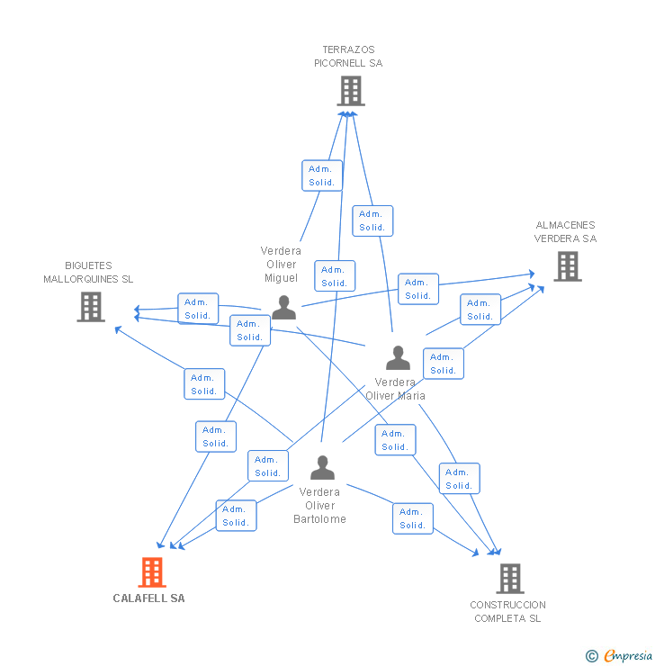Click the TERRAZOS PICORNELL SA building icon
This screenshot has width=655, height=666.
351,90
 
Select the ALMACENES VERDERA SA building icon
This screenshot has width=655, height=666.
567,265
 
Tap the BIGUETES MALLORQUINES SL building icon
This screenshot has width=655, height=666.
91,306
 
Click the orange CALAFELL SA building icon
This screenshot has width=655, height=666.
152,571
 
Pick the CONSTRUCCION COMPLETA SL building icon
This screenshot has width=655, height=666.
509,578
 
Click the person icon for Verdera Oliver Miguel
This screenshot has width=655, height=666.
284,307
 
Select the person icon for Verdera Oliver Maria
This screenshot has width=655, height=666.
398,357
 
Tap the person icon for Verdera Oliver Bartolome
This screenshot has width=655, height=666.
322,467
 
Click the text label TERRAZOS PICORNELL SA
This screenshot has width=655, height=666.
348,57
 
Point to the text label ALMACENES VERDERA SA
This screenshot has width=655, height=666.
565,232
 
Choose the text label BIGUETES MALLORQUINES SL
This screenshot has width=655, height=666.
88,273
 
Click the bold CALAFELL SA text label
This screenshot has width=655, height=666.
148,598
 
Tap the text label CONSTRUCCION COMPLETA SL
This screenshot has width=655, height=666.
507,611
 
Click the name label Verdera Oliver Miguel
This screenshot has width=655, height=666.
281,265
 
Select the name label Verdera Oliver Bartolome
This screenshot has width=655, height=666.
319,505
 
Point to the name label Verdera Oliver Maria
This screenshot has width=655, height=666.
395,389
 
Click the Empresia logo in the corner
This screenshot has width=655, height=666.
620,656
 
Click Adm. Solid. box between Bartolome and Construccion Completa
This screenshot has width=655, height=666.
413,518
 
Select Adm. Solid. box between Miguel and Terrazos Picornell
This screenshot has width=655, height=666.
321,175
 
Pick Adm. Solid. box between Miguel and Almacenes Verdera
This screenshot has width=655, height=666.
417,289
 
